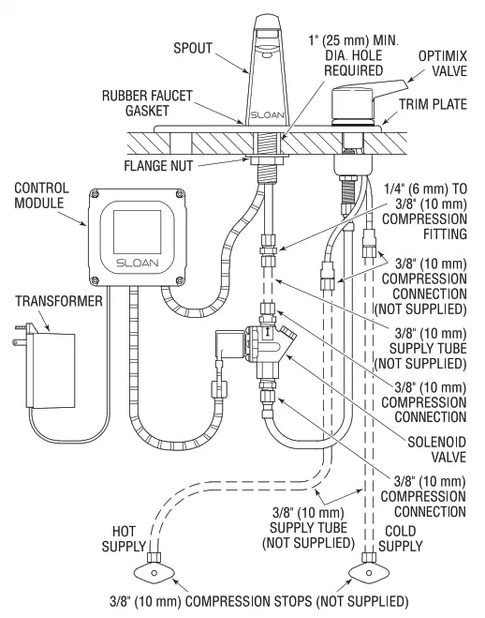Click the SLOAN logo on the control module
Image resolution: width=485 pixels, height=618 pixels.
pos(132,264)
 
